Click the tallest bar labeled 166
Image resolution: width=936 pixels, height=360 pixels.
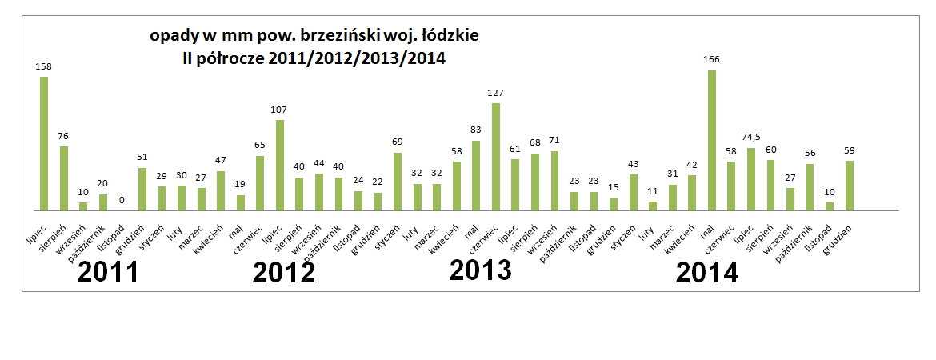point(711,140)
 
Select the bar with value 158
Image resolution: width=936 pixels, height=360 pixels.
point(44,143)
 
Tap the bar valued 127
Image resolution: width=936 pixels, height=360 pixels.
point(496,157)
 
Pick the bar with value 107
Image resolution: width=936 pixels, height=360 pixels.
point(280,165)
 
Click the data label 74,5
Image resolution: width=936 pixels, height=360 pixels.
point(750,137)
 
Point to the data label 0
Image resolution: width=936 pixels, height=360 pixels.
point(122,199)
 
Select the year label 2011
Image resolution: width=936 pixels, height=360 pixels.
point(108,273)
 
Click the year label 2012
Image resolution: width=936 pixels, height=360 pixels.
point(284,273)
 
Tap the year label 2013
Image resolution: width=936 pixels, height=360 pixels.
point(481,270)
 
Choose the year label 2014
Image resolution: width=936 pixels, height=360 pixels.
point(707,273)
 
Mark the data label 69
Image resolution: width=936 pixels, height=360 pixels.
point(398,142)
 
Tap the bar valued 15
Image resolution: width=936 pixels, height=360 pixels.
point(614,204)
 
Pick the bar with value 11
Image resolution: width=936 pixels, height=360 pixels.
point(653,206)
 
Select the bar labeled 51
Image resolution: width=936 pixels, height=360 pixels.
point(142,189)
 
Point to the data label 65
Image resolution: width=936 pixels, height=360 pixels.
point(260,145)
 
